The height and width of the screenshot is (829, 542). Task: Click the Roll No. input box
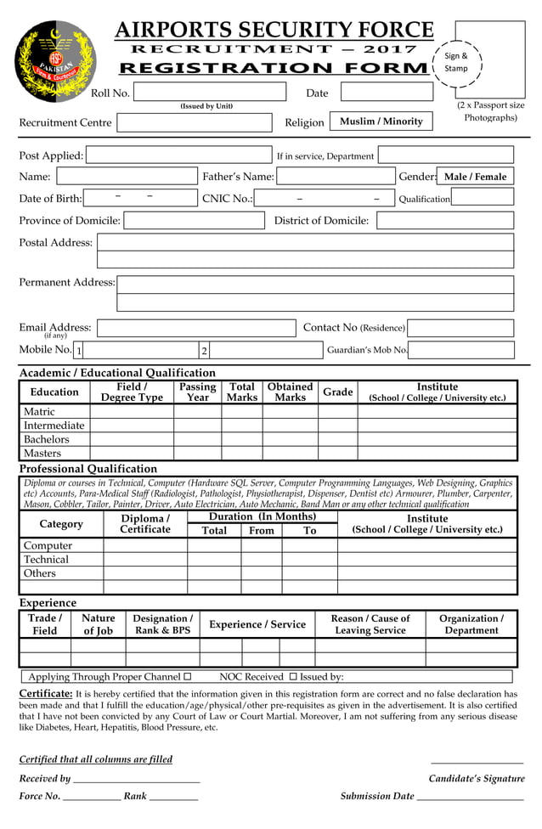tap(210, 93)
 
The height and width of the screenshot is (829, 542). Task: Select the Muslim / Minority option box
tap(381, 121)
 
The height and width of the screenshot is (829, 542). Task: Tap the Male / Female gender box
tap(475, 177)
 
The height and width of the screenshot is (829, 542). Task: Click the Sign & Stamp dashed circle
tap(456, 62)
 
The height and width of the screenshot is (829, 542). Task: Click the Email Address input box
tap(196, 328)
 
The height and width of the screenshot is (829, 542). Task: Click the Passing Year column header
tap(197, 392)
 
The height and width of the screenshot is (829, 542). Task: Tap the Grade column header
tap(337, 392)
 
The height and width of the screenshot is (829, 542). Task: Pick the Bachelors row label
tap(47, 439)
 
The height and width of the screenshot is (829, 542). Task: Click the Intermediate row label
tap(54, 426)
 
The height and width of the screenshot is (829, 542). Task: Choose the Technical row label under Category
tap(46, 559)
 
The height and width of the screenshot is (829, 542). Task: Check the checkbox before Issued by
tap(293, 677)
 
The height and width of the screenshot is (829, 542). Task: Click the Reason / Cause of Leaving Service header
tap(370, 624)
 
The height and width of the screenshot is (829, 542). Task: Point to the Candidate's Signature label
tap(476, 778)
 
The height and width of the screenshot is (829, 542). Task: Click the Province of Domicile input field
tap(194, 221)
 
